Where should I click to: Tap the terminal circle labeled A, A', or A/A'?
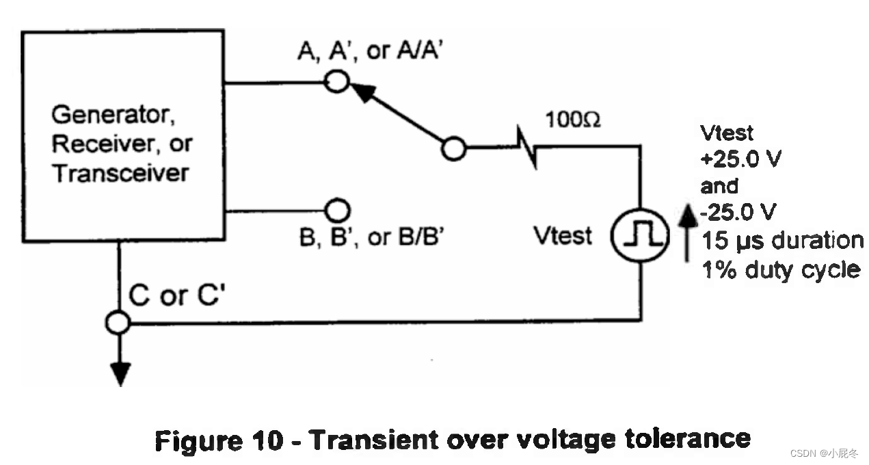coord(336,83)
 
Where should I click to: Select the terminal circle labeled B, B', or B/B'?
coord(336,209)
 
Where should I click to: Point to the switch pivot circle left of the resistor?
coord(452,148)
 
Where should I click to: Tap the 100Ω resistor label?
coord(573,120)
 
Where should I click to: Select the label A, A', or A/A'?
coord(371,51)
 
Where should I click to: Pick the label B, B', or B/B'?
coord(373,237)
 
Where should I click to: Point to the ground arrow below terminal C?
coord(120,373)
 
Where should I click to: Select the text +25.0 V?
coord(740,159)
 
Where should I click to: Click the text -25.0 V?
coord(738,213)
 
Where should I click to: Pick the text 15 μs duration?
coord(782,241)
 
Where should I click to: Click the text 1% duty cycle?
coord(781,269)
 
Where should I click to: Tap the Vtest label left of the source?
coord(563,236)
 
